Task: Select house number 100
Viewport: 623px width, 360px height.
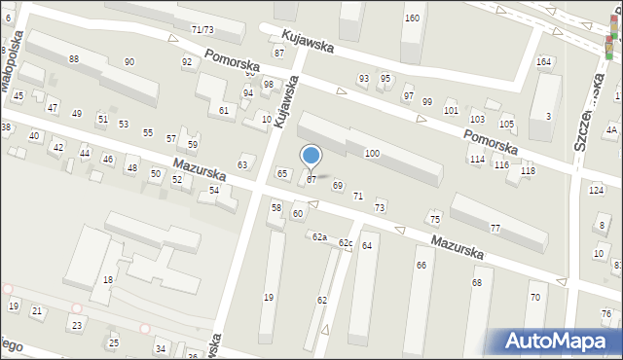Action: tap(372, 154)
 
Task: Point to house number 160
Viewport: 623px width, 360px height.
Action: tap(412, 18)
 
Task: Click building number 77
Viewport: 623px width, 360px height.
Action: tap(495, 228)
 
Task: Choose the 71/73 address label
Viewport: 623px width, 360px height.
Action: tap(202, 30)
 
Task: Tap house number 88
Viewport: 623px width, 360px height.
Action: tap(74, 59)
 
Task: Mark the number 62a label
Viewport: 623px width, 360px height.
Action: tap(318, 236)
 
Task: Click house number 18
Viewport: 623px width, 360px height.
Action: tap(108, 279)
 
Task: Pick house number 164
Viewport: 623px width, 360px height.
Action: tap(543, 61)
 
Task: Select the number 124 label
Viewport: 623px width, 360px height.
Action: tap(596, 189)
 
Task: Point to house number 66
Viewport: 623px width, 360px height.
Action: tap(421, 265)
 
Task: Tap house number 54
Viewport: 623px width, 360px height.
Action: tap(214, 190)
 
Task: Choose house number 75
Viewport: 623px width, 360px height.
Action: tap(435, 219)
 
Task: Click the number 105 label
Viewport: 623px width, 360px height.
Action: tap(506, 125)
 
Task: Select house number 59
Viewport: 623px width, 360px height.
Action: tap(193, 144)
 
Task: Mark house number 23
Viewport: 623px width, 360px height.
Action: tap(76, 325)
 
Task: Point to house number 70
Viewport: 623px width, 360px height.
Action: tap(534, 297)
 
